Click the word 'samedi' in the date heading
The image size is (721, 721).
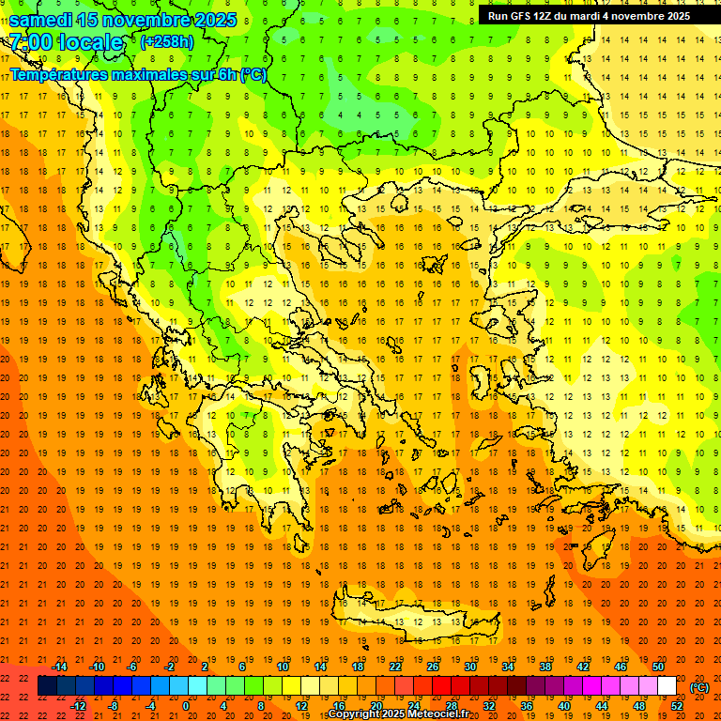42,19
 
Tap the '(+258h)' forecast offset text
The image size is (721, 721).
167,41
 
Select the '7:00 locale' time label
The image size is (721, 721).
66,42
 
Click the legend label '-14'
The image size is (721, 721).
59,667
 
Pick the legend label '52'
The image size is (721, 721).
677,706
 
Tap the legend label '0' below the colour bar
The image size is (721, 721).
186,706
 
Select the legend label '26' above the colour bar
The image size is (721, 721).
433,667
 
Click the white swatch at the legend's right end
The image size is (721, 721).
667,686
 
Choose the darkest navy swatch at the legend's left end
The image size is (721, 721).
47,686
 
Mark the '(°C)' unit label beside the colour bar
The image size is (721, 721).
699,687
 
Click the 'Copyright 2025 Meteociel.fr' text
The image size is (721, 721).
398,714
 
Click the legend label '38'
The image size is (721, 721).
545,667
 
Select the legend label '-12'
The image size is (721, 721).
78,706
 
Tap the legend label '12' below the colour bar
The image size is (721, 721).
301,706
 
